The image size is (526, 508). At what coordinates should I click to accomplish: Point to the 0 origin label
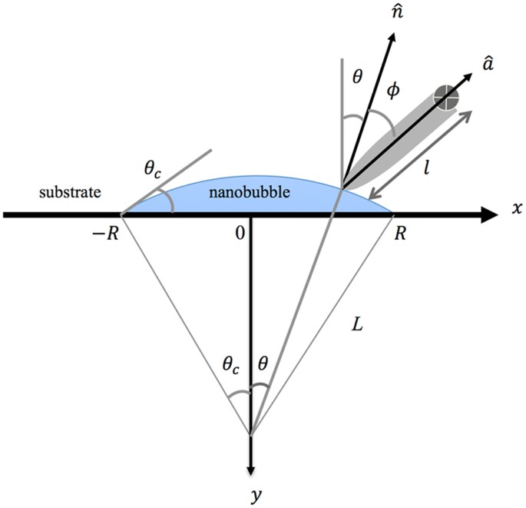tap(240, 234)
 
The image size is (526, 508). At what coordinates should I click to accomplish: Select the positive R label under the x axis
tap(397, 234)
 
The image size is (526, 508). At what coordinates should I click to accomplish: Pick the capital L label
tap(355, 325)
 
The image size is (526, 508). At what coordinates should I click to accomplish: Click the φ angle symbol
tap(393, 91)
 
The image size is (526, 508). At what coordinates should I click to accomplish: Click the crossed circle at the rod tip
tap(446, 97)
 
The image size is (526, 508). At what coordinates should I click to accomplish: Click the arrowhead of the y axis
tap(250, 467)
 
